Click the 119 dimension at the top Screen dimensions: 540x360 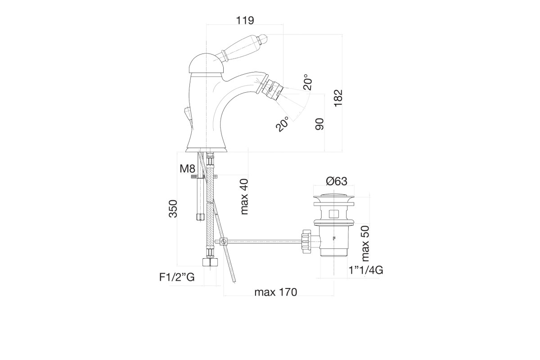tap(245, 21)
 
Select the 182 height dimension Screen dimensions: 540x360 tap(338, 98)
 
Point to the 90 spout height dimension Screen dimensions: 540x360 tap(319, 124)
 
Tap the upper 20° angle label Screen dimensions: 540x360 tap(307, 81)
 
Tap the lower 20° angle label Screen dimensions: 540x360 tap(282, 124)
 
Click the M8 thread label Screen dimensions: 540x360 tap(187, 169)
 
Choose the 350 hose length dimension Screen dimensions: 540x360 tap(173, 209)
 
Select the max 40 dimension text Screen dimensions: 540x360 tap(244, 197)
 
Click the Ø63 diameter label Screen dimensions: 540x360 tap(337, 181)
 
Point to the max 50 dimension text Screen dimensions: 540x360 tap(365, 243)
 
